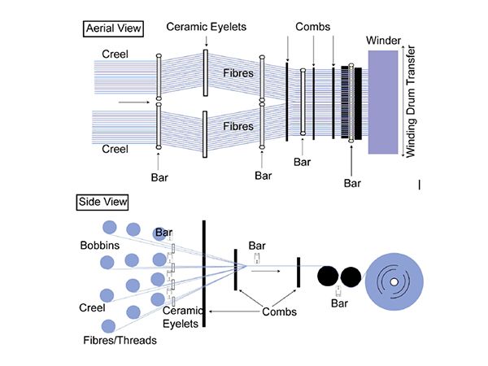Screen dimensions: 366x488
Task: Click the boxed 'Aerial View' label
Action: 113,30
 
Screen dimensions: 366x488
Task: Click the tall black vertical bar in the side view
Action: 203,272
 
